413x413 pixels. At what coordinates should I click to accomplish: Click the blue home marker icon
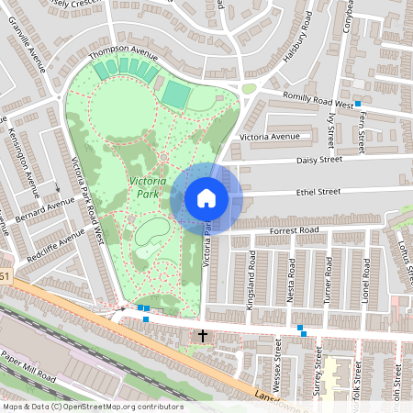(206, 197)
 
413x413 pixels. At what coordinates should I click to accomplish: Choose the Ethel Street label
(318, 192)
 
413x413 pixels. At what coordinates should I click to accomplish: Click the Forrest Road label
(295, 229)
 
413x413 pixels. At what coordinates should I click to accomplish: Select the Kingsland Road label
(251, 285)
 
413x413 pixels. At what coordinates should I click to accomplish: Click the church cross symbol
(203, 336)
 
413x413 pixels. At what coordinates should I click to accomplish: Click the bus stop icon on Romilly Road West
(357, 102)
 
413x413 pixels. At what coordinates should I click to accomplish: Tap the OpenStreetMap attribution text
(93, 406)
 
